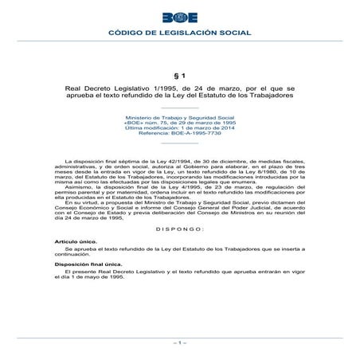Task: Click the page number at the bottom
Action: [x=179, y=342]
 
